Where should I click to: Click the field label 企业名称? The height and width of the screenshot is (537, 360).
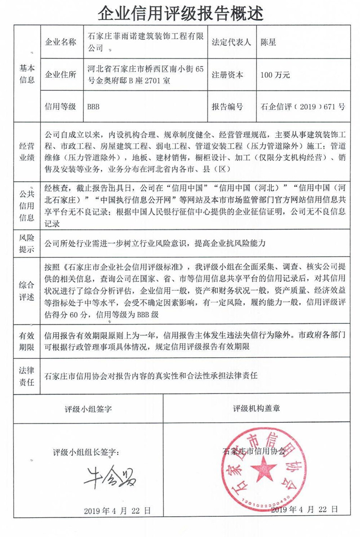click(x=61, y=43)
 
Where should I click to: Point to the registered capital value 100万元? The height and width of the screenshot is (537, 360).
click(x=275, y=75)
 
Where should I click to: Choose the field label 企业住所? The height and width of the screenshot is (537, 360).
click(x=61, y=75)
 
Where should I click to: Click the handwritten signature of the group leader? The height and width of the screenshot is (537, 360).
click(x=110, y=478)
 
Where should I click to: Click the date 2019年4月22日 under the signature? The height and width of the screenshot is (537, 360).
click(x=117, y=510)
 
